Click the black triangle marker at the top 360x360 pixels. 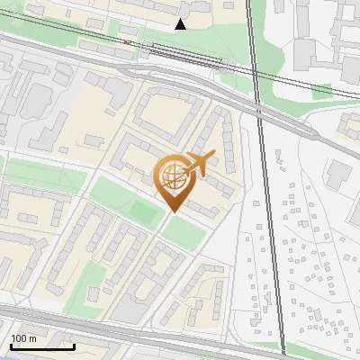[x=181, y=24]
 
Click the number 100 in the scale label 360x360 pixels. [x=20, y=338]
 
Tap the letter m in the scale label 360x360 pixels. [x=32, y=338]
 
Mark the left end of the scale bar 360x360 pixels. [x=10, y=346]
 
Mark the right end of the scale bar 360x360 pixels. [x=74, y=346]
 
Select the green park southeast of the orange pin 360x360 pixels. [x=184, y=232]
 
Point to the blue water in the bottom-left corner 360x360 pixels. [x=4, y=357]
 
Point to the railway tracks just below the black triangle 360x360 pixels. [x=180, y=53]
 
